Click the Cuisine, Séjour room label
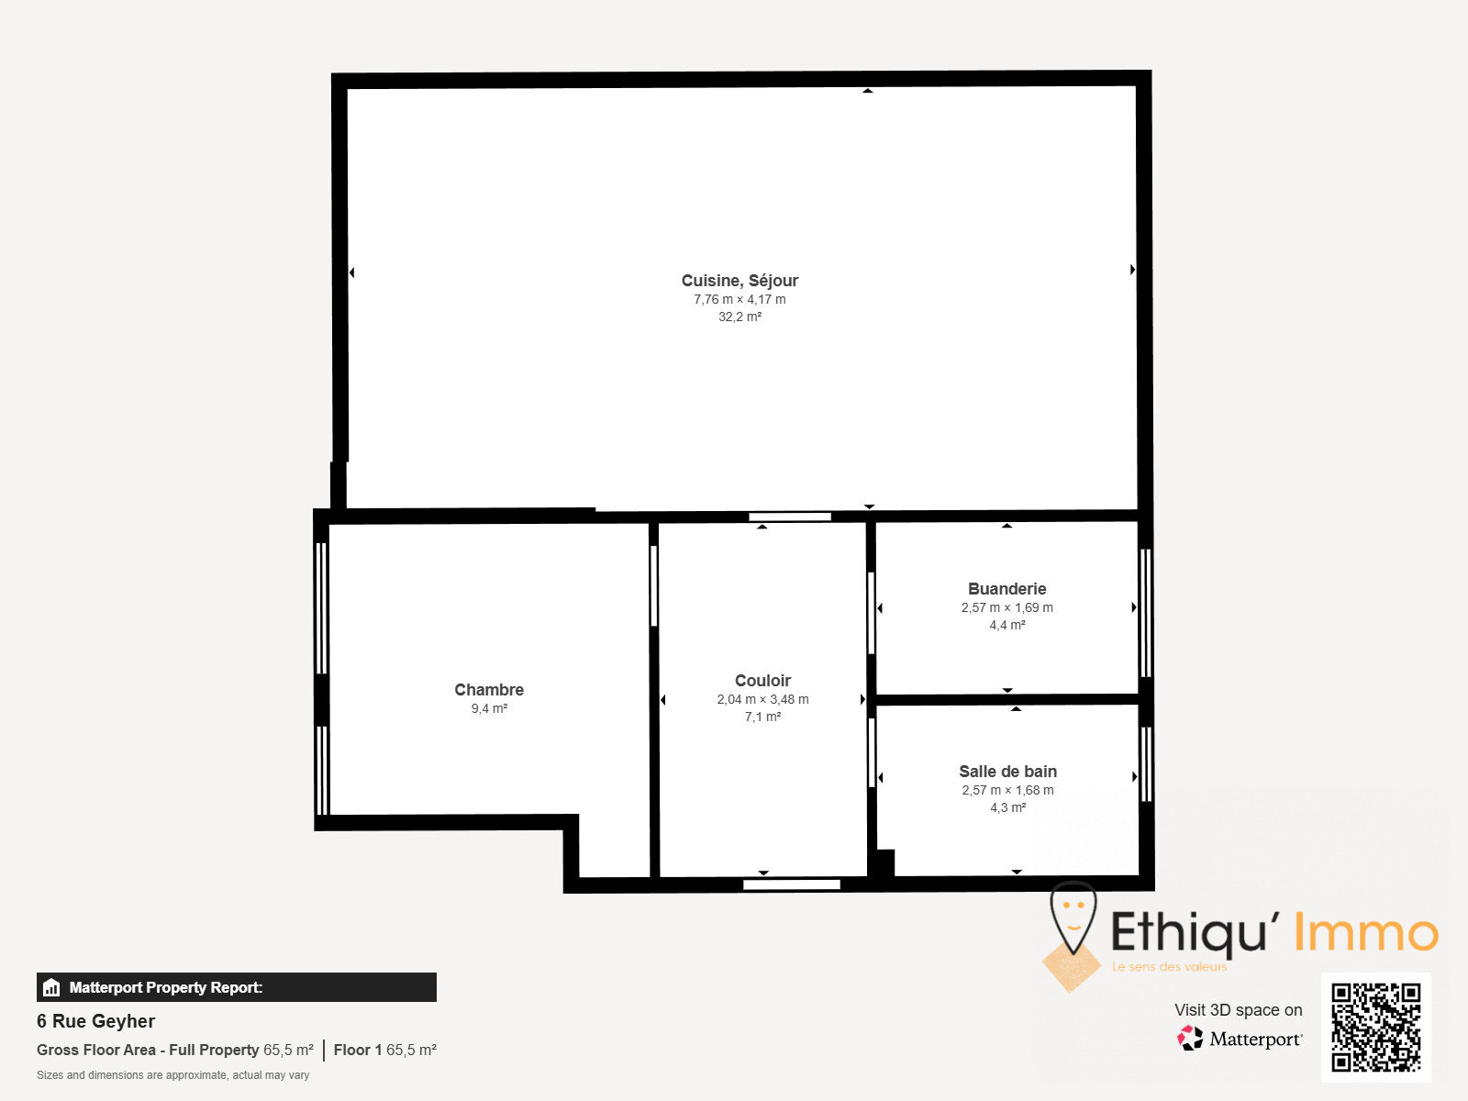pyautogui.click(x=740, y=281)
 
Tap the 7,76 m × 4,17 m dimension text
pyautogui.click(x=740, y=299)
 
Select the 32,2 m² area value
pyautogui.click(x=740, y=317)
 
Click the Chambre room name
pyautogui.click(x=489, y=690)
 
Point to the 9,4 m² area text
pyautogui.click(x=489, y=708)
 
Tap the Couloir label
pyautogui.click(x=762, y=681)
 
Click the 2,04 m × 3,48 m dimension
pyautogui.click(x=762, y=699)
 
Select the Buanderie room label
pyautogui.click(x=1007, y=589)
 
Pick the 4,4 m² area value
pyautogui.click(x=1007, y=625)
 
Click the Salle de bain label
pyautogui.click(x=1007, y=772)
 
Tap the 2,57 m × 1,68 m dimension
pyautogui.click(x=1007, y=790)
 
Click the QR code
pyautogui.click(x=1375, y=1028)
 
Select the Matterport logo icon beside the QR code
pyautogui.click(x=1190, y=1039)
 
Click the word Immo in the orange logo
pyautogui.click(x=1366, y=932)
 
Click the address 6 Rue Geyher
pyautogui.click(x=95, y=1021)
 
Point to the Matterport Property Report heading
pyautogui.click(x=166, y=987)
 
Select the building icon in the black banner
pyautogui.click(x=51, y=987)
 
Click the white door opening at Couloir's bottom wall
pyautogui.click(x=791, y=885)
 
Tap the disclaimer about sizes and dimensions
pyautogui.click(x=172, y=1075)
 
